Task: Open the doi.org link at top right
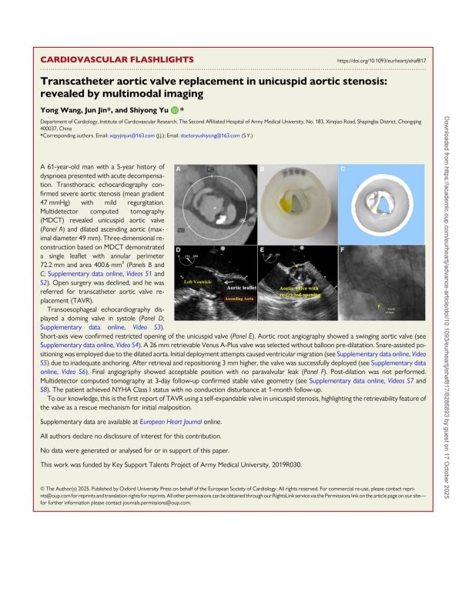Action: pos(382,60)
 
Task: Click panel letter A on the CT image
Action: pos(180,169)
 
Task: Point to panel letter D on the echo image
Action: pos(180,250)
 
